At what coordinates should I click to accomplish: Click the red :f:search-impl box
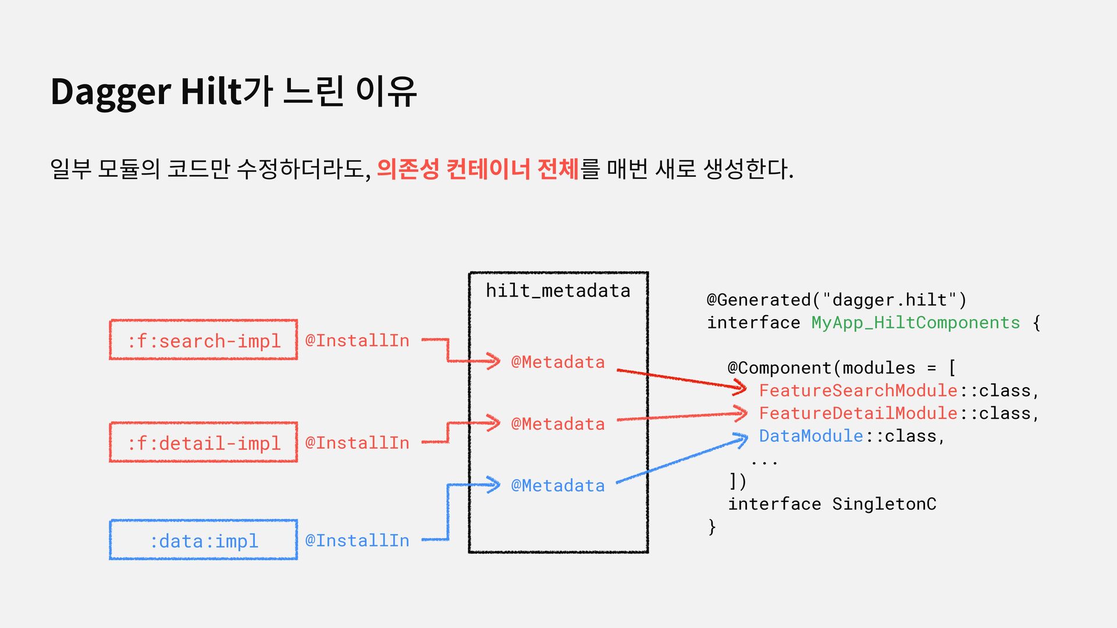204,340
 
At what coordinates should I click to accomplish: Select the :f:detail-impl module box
204,443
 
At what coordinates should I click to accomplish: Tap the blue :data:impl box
204,540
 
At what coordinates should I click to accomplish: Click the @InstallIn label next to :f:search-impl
357,340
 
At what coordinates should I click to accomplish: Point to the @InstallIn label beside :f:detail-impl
357,443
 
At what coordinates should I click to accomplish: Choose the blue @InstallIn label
357,540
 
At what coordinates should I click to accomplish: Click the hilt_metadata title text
558,290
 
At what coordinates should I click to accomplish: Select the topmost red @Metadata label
558,362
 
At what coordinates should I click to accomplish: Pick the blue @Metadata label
558,485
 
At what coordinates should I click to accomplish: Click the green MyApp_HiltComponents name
916,322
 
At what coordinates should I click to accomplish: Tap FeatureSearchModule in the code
858,390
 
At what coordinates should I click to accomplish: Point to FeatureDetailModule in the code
858,413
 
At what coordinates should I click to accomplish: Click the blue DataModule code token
811,436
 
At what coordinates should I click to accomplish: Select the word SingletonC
884,504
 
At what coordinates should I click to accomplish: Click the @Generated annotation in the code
759,299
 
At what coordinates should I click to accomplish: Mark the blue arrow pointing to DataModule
681,461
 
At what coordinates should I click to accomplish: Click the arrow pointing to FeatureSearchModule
681,378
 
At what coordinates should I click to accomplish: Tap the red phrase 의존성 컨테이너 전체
478,169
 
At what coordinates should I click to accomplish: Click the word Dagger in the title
111,92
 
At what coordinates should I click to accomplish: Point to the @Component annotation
780,367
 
